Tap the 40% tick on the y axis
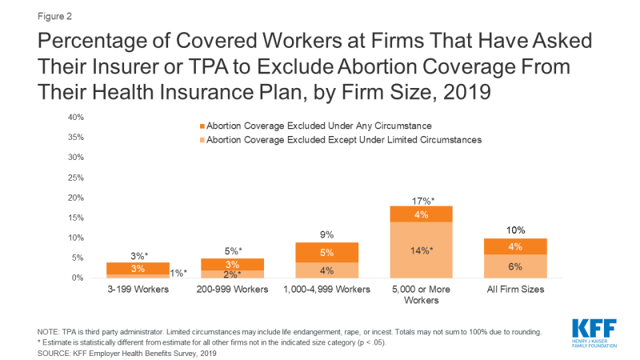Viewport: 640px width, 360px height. pos(76,117)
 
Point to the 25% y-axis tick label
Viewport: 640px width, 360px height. pos(76,177)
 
